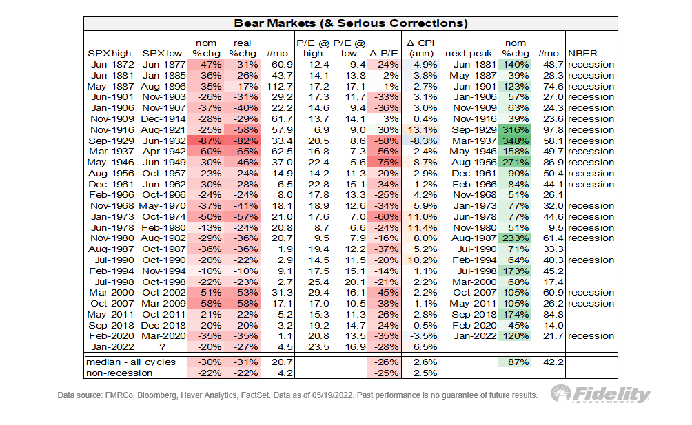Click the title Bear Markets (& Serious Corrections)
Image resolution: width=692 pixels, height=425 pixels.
click(351, 23)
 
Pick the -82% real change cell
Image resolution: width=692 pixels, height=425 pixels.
click(241, 141)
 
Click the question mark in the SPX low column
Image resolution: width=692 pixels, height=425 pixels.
click(163, 346)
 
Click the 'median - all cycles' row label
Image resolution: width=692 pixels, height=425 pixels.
click(132, 362)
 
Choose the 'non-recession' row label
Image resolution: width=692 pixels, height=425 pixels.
click(121, 373)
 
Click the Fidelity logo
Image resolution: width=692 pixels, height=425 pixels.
click(601, 395)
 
